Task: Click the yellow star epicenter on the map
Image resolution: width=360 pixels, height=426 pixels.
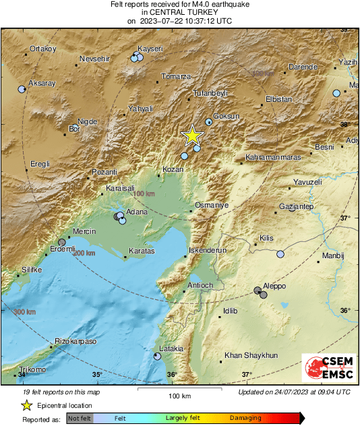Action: pos(193,135)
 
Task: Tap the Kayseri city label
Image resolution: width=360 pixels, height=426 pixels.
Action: pos(150,49)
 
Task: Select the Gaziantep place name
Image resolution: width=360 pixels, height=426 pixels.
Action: pos(297,206)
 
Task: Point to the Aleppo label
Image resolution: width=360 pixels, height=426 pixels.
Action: pos(274,286)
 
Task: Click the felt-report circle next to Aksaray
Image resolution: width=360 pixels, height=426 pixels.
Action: pos(22,89)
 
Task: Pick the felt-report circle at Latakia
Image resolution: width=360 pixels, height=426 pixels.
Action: pos(157,356)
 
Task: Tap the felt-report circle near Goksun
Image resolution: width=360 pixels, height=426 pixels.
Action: pos(209,122)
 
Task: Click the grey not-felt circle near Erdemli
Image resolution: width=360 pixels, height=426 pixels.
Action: pos(61,243)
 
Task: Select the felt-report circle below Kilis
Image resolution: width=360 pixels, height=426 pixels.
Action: pos(280,254)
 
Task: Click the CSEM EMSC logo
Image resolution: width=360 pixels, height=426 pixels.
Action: pos(326,369)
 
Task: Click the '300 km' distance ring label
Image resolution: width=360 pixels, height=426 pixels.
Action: pos(24,311)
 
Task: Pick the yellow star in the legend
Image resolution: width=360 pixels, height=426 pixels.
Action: pos(26,405)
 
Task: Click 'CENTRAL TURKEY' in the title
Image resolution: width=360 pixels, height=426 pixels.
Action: pos(179,12)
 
